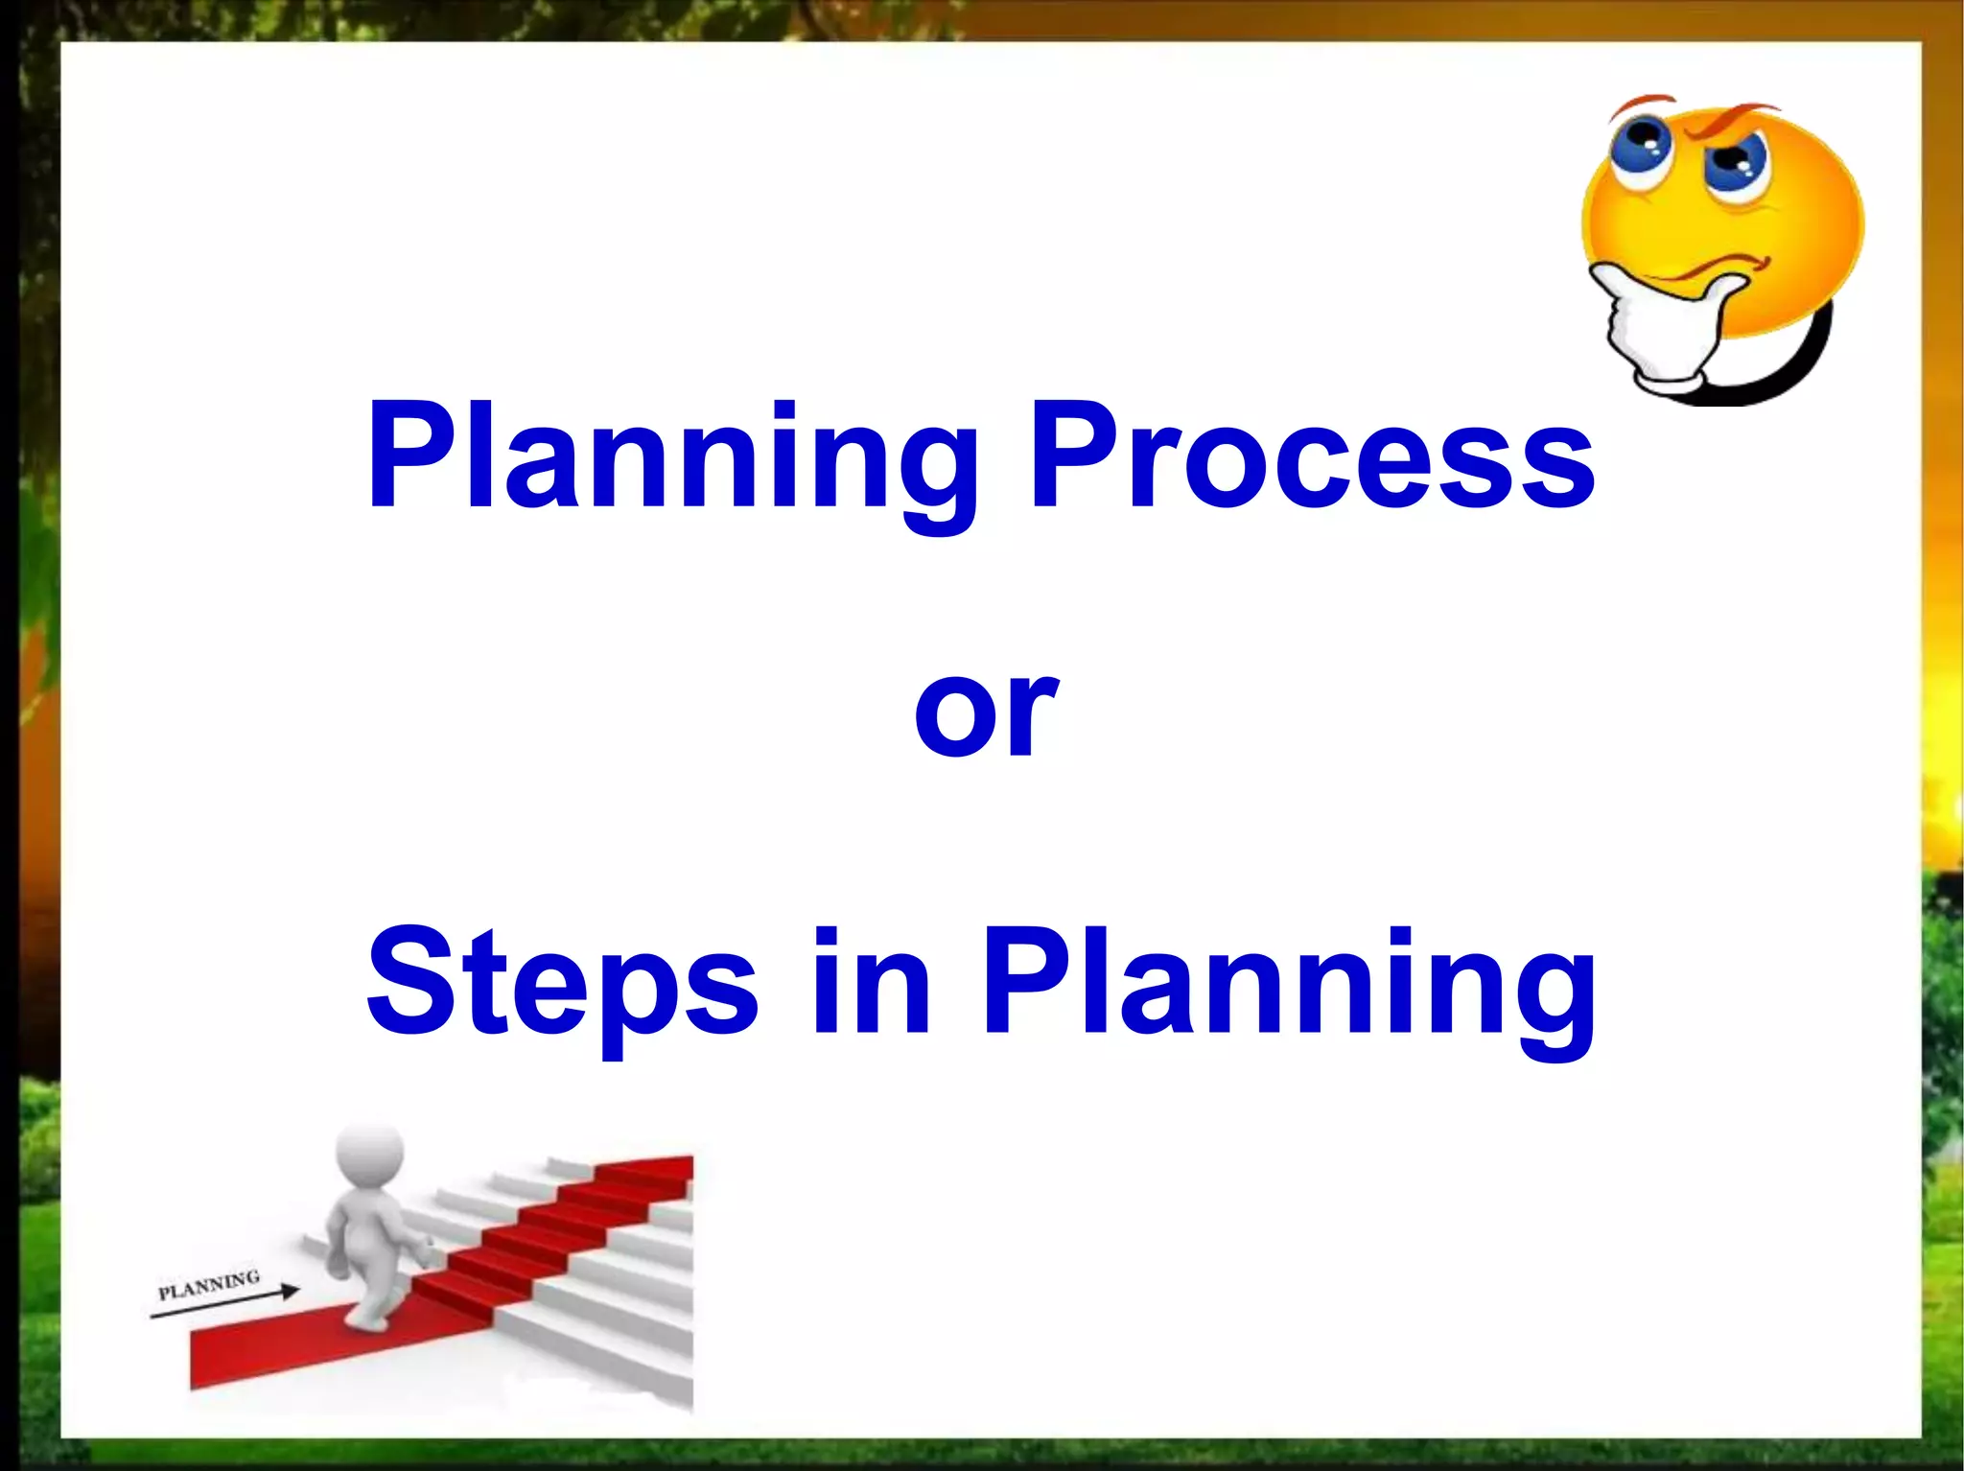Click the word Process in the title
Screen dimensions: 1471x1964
pyautogui.click(x=1312, y=455)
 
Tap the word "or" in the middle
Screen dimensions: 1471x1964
pyautogui.click(x=986, y=712)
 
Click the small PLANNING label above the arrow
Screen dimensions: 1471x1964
pyautogui.click(x=209, y=1284)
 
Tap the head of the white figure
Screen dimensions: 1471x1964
pyautogui.click(x=369, y=1156)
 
